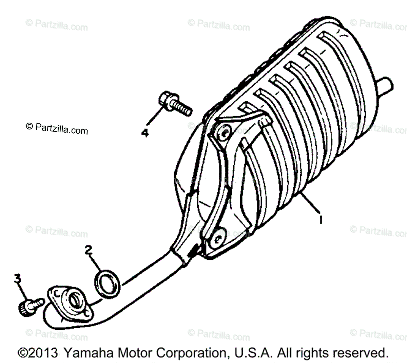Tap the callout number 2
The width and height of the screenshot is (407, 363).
tap(88, 251)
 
